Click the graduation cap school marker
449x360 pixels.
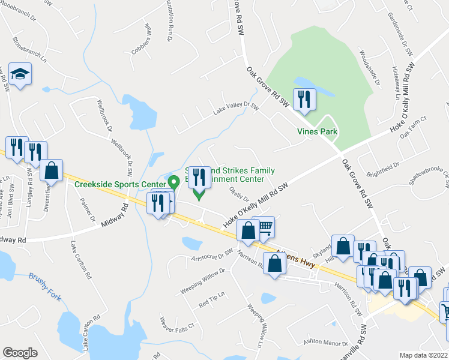[x=20, y=74]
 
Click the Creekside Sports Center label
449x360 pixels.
[x=120, y=184]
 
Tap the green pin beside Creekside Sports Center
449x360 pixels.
[x=174, y=181]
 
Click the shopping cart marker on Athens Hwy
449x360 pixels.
[x=264, y=227]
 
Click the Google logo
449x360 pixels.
[x=20, y=352]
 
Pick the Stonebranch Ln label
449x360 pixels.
[x=29, y=49]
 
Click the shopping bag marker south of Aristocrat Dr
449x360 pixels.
[x=275, y=263]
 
